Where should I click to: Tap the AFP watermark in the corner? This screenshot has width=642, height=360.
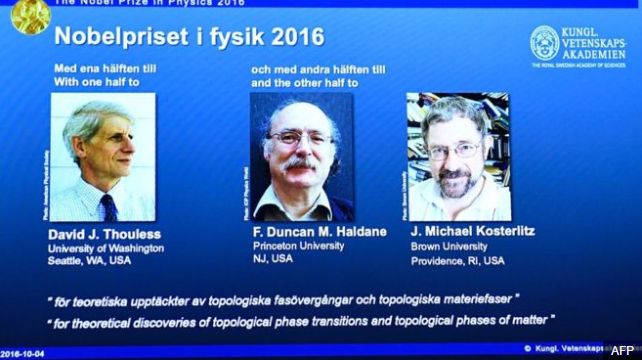[x=621, y=351]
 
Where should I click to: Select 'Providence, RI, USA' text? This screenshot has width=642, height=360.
[x=458, y=260]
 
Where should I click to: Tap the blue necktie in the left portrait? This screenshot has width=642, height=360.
[x=107, y=206]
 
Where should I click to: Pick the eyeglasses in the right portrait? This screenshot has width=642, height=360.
[x=453, y=151]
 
